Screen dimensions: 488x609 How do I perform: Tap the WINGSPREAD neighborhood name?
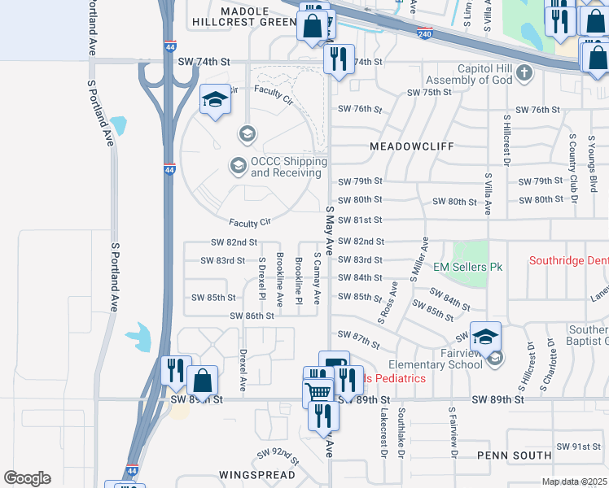pyautogui.click(x=254, y=473)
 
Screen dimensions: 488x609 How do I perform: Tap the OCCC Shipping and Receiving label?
pyautogui.click(x=289, y=168)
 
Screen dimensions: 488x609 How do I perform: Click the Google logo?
pyautogui.click(x=27, y=478)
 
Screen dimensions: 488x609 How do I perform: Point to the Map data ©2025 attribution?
pyautogui.click(x=574, y=481)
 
